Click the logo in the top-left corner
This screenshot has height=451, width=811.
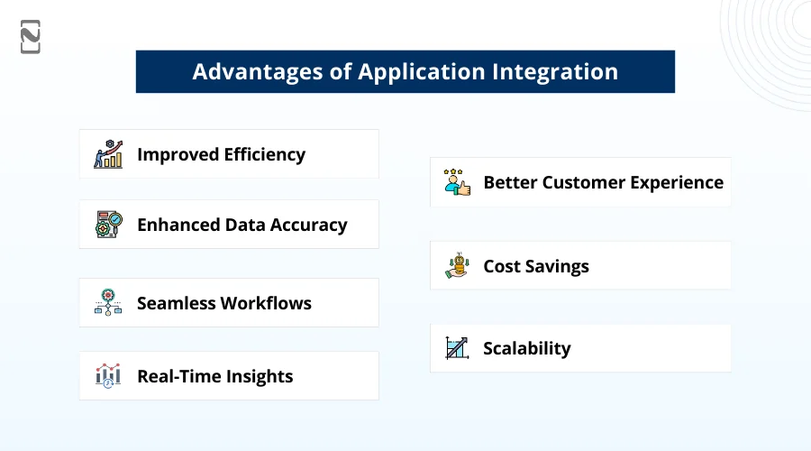[x=31, y=36]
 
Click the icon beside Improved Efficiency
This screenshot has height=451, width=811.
[x=108, y=154]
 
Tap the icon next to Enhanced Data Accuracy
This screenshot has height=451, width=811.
[x=108, y=225]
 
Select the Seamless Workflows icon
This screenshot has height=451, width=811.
[x=108, y=303]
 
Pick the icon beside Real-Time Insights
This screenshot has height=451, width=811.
[x=108, y=376]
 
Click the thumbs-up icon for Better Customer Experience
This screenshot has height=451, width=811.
[x=458, y=182]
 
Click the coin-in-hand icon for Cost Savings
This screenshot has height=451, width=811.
[x=458, y=266]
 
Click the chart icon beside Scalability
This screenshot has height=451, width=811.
[x=458, y=348]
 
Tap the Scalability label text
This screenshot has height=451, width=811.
[x=527, y=349]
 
